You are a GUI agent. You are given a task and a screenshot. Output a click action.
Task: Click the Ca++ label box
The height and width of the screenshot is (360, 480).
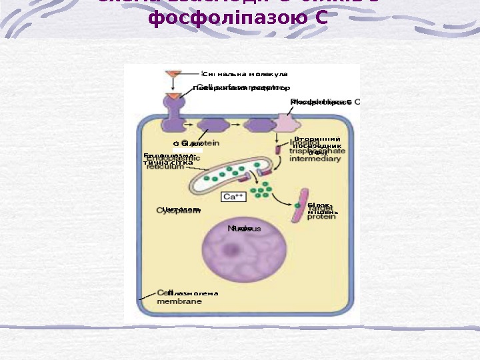click(233, 197)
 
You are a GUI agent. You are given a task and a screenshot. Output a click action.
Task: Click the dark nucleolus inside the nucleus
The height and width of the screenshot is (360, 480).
click(233, 251)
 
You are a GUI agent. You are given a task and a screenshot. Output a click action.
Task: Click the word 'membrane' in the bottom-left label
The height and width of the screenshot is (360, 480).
click(179, 301)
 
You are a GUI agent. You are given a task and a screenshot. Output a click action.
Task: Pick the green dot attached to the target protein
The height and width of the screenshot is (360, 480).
click(297, 204)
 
